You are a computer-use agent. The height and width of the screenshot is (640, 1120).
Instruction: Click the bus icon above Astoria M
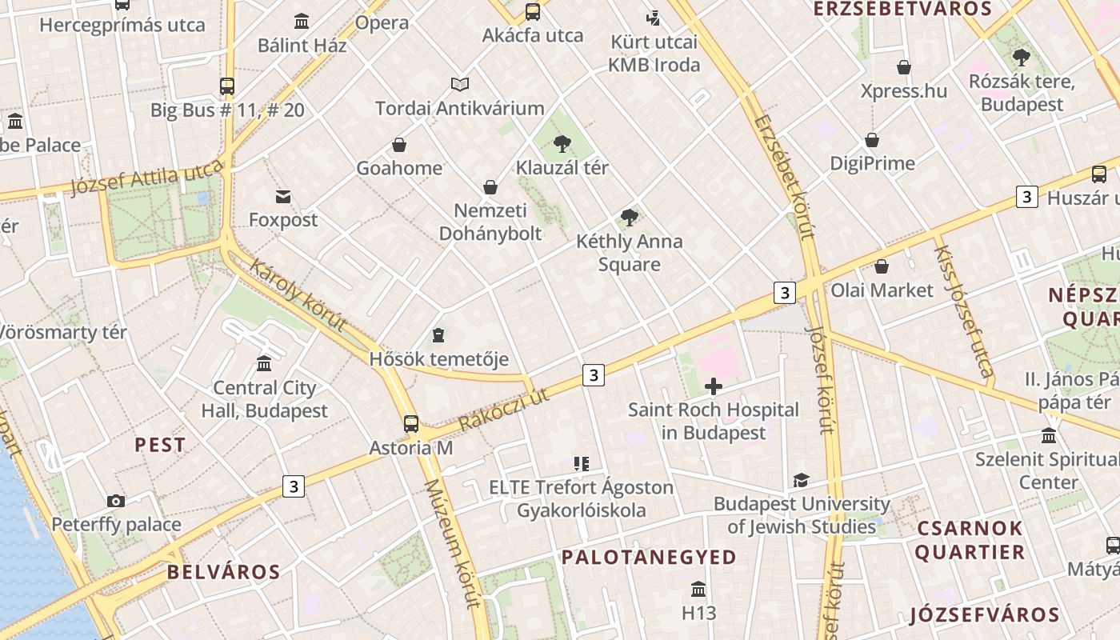(411, 424)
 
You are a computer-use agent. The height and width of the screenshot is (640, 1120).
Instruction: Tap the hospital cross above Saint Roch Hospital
(713, 387)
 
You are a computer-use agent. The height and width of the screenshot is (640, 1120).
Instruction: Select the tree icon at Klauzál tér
(562, 144)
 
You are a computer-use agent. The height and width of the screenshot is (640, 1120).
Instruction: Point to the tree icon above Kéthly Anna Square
(630, 217)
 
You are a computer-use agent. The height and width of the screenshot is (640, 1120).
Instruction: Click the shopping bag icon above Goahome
(399, 145)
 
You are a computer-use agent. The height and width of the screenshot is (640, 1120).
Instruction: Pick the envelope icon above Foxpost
(283, 196)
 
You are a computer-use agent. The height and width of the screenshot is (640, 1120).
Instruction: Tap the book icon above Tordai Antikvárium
(460, 84)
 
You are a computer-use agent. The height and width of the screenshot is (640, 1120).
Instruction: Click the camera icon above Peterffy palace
(116, 502)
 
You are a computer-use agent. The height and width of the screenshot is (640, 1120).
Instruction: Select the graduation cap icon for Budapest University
(801, 480)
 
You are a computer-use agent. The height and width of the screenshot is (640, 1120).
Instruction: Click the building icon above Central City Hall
(264, 364)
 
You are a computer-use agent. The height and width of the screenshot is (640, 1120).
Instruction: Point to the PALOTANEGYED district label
(649, 558)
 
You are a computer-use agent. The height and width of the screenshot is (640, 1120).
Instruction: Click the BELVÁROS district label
(223, 572)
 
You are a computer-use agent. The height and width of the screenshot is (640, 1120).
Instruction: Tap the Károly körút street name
(298, 295)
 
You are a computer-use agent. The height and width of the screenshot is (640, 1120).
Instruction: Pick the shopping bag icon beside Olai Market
(882, 266)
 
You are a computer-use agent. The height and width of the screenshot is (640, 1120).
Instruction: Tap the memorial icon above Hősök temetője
(438, 334)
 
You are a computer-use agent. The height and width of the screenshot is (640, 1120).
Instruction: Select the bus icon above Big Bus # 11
(227, 86)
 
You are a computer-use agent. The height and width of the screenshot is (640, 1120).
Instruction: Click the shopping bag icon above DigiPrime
(872, 140)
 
